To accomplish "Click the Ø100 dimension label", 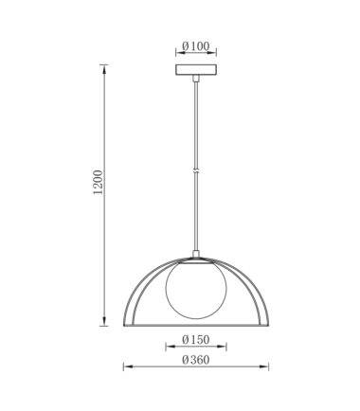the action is pos(196,46).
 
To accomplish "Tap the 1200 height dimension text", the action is pos(99,182).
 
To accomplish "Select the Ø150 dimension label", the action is pos(196,340).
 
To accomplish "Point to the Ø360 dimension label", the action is pos(196,360).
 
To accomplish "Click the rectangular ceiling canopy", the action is pos(196,70).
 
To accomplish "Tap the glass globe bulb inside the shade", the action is pos(196,289).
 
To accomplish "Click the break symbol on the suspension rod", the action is pos(196,170).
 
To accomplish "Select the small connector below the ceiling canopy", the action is pos(196,79).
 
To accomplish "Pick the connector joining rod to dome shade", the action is pos(196,254).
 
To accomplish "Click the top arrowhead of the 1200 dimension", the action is pos(104,68).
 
